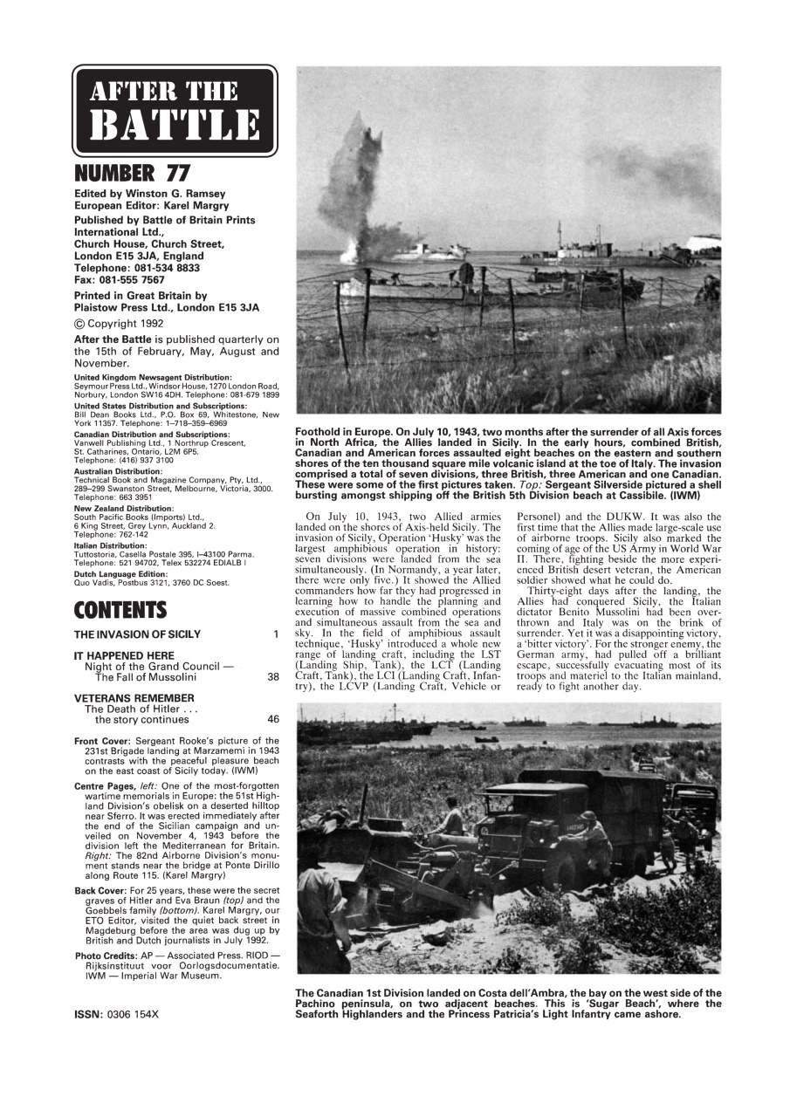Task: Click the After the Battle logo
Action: click(175, 110)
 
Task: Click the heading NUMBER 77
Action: click(132, 174)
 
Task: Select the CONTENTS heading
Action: click(120, 608)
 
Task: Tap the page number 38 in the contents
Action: click(274, 676)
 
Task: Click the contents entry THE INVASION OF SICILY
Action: click(137, 634)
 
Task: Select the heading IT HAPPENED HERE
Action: click(124, 655)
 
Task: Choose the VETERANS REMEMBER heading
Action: click(134, 698)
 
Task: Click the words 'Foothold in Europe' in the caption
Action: click(348, 432)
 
